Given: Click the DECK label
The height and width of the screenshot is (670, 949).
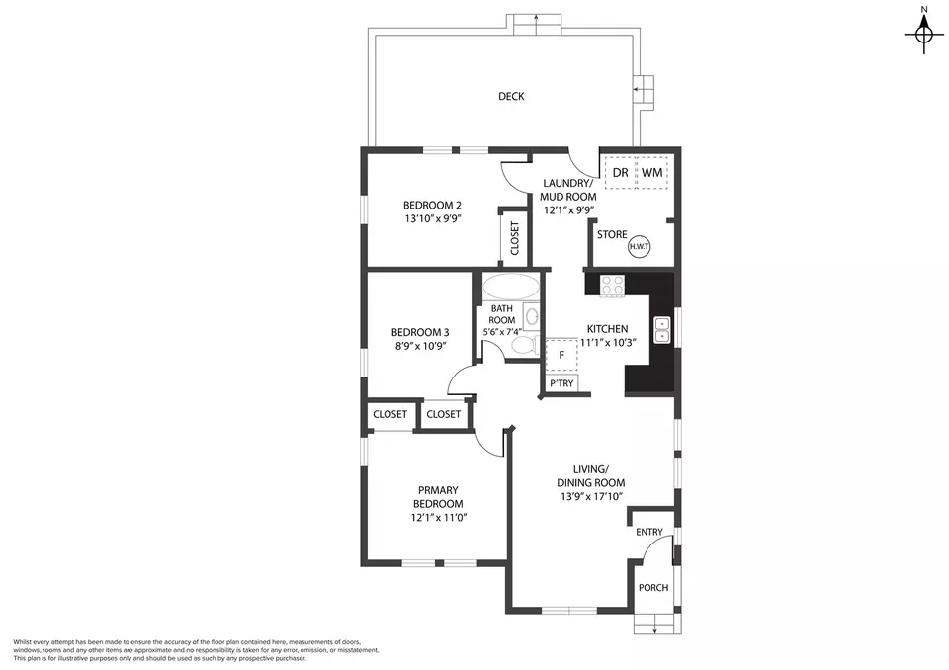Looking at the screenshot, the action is click(x=511, y=96).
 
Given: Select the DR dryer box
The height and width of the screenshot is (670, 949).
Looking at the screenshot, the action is click(x=620, y=173).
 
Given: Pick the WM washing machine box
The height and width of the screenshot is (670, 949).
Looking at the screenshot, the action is click(x=651, y=173).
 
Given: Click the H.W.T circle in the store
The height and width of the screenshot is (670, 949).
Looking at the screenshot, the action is click(x=640, y=246).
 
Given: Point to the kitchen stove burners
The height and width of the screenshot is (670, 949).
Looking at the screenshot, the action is click(x=612, y=285).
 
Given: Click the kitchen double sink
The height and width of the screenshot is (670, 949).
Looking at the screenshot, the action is click(x=662, y=330).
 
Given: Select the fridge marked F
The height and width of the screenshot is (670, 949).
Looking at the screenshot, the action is click(x=561, y=356).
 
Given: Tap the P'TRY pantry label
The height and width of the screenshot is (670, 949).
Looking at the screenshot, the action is click(x=561, y=383).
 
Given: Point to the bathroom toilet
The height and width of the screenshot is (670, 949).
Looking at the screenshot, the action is click(x=525, y=345).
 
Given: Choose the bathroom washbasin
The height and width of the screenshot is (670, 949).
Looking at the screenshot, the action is click(x=532, y=316).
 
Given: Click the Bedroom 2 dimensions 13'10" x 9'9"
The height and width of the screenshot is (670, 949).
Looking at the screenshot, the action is click(x=433, y=219).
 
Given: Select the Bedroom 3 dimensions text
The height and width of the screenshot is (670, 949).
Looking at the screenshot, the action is click(x=420, y=347).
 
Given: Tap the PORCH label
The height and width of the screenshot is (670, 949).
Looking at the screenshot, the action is click(x=653, y=588).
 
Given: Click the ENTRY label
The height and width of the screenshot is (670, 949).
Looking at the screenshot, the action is click(x=649, y=532).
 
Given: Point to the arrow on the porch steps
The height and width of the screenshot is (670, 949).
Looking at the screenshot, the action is click(x=654, y=628).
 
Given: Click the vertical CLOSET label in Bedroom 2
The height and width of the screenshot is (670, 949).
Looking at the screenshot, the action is click(x=515, y=238).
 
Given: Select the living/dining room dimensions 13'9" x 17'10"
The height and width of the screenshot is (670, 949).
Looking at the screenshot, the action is click(x=592, y=497).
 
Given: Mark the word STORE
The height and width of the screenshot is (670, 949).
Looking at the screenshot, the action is click(x=612, y=235).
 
